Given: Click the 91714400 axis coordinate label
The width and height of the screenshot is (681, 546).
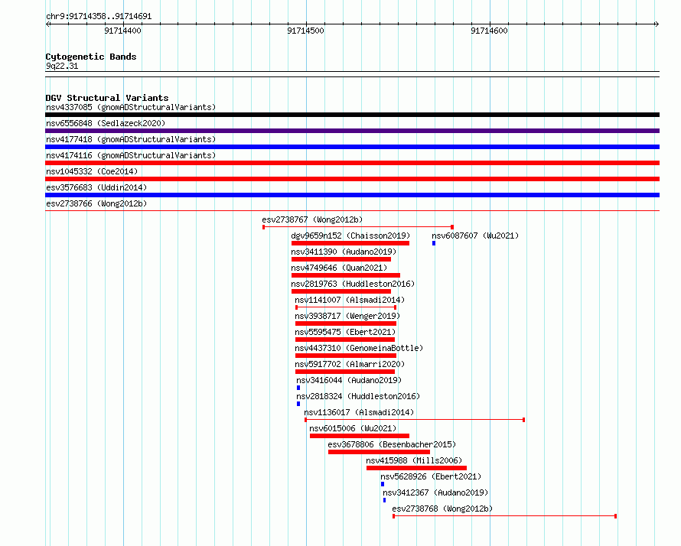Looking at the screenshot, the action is click(x=122, y=31).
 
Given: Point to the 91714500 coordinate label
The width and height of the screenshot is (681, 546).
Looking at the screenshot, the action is click(x=305, y=31).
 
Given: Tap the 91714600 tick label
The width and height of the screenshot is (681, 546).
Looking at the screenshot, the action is click(x=489, y=31).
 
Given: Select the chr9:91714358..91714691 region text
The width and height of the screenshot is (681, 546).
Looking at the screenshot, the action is click(x=99, y=17).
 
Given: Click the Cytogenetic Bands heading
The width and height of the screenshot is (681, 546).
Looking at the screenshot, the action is click(x=91, y=57).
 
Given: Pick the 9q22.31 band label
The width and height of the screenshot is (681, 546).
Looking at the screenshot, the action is click(x=62, y=66).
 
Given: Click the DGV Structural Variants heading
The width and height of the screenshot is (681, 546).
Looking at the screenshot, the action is click(x=107, y=98).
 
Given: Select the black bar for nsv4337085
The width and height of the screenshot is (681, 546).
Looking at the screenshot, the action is click(x=352, y=115).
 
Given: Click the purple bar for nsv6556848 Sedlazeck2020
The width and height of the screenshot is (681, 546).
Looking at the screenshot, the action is click(x=352, y=131).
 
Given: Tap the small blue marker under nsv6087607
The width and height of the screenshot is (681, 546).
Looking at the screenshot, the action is click(x=434, y=243).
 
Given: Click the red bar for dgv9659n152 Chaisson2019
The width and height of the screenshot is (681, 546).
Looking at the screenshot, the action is click(x=350, y=243).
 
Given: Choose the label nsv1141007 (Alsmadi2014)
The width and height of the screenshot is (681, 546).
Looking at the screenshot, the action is click(x=350, y=300).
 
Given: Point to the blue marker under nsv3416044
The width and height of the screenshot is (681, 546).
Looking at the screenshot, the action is click(x=298, y=388).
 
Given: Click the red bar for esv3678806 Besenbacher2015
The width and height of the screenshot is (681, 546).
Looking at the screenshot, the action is click(x=380, y=452).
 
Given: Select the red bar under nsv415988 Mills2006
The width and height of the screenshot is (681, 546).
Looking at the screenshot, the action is click(x=416, y=468).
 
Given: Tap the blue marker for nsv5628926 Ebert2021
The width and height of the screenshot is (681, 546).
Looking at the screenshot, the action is click(x=383, y=484).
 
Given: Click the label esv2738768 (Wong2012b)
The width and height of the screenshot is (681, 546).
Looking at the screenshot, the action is click(x=442, y=509).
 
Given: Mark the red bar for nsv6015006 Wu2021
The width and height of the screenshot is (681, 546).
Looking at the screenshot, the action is click(x=360, y=436).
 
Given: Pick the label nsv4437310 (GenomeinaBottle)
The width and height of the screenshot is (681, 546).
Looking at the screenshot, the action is click(x=359, y=348).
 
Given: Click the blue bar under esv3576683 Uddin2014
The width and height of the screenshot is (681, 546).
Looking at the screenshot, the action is click(x=352, y=195).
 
